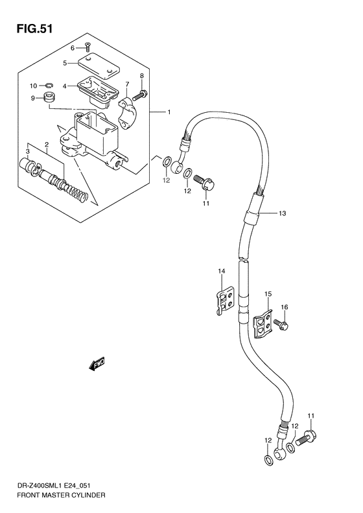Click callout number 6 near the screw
pos(73,48)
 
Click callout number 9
pos(32,98)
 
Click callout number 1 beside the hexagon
pos(169,112)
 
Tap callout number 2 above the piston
pos(47,144)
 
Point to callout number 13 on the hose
pos(282,213)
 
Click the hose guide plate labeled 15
pos(261,324)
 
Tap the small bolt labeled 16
pos(281,324)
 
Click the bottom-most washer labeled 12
pos(268,460)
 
